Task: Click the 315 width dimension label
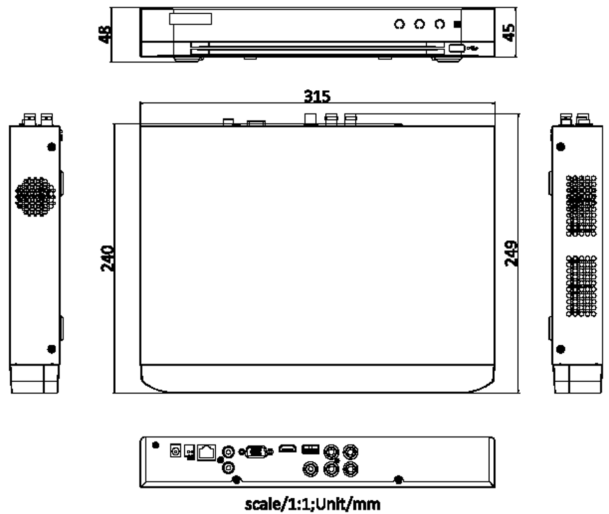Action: pyautogui.click(x=317, y=96)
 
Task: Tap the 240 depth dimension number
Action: pyautogui.click(x=107, y=259)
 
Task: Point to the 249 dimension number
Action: pyautogui.click(x=511, y=253)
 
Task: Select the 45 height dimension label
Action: pyautogui.click(x=509, y=33)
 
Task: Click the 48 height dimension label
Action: pyautogui.click(x=105, y=34)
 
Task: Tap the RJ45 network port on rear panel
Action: pyautogui.click(x=207, y=453)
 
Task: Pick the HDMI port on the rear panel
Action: pyautogui.click(x=288, y=449)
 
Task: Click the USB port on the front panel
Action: pyautogui.click(x=456, y=48)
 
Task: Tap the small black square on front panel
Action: pyautogui.click(x=457, y=24)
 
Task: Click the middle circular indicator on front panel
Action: pyautogui.click(x=419, y=24)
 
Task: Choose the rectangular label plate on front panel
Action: pyautogui.click(x=190, y=19)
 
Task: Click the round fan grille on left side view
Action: pyautogui.click(x=36, y=196)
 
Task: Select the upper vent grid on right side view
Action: pyautogui.click(x=581, y=206)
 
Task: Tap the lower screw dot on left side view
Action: pyautogui.click(x=52, y=349)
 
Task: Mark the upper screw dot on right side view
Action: pyautogui.click(x=561, y=147)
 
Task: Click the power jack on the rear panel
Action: pyautogui.click(x=175, y=451)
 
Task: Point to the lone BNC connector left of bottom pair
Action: pyautogui.click(x=310, y=469)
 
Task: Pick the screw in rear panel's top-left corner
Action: pyautogui.click(x=156, y=445)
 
